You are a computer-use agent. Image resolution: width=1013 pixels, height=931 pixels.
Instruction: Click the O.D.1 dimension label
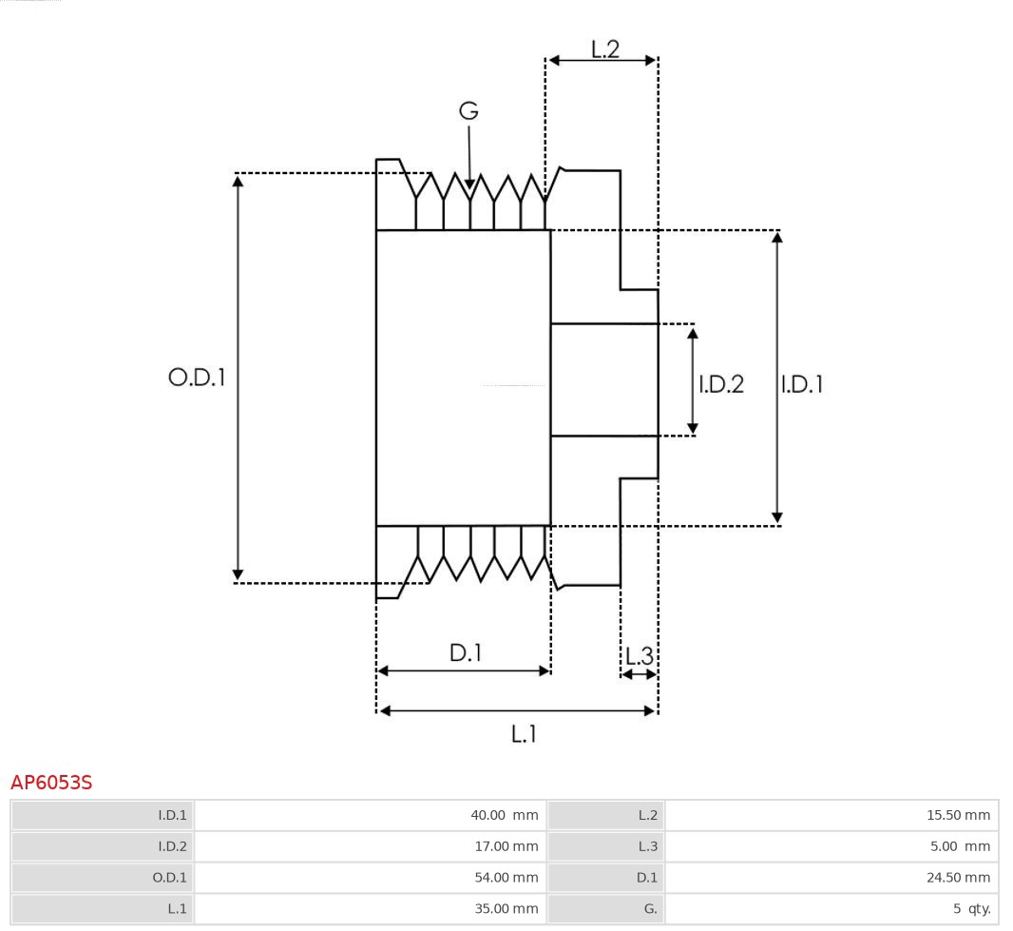coord(197,378)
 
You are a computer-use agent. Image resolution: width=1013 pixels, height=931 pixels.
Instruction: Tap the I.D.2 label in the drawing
coord(721,384)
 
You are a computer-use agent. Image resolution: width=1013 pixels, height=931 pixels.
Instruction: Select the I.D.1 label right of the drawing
coord(801,384)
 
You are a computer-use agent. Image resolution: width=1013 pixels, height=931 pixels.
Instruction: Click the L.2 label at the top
coord(605,49)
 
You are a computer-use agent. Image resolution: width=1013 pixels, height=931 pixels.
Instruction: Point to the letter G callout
coord(468,111)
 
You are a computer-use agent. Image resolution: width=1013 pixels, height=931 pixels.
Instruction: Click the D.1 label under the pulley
coord(466,653)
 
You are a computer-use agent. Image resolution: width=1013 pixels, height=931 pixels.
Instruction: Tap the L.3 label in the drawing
coord(640,656)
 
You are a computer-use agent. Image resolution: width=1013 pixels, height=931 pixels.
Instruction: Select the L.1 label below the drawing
coord(525,733)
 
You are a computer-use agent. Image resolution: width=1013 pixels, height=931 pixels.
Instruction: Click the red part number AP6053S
coord(51,783)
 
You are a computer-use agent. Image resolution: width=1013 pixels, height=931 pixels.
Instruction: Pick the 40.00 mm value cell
coord(504,815)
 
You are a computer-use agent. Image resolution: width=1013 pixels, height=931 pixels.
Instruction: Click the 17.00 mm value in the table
coord(504,846)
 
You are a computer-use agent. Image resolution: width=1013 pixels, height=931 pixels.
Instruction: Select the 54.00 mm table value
coord(504,878)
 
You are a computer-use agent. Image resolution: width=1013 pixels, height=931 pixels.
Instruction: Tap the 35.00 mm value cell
coord(504,909)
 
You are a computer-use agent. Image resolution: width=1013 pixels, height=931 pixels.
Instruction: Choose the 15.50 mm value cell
coord(958,815)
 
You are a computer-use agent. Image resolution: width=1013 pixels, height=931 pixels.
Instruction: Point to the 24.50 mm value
coord(958,878)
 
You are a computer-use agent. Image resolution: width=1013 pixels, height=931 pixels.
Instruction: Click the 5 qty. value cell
coord(971,909)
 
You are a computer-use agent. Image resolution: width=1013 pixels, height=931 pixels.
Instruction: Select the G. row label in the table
coord(650,909)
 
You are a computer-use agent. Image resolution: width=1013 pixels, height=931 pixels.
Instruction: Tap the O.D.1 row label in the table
coord(170,878)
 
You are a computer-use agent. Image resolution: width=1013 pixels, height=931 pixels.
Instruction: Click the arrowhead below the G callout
coord(468,184)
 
